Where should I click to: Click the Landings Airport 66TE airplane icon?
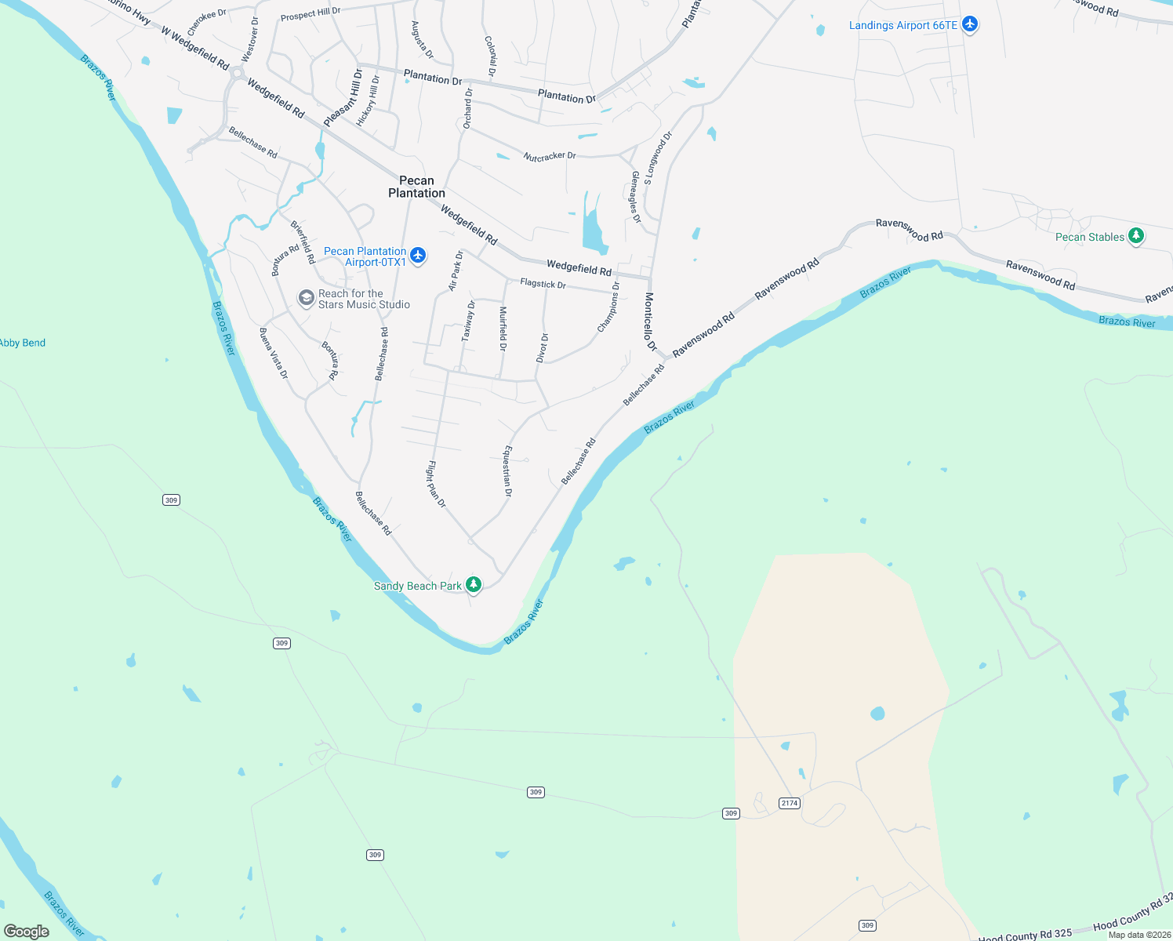pos(970,25)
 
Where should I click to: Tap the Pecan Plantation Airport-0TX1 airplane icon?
pos(418,256)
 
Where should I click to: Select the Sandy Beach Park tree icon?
pos(473,585)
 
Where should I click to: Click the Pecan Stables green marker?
pos(1135,236)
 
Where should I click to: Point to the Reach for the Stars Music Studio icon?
pos(307,298)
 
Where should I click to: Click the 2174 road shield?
pos(789,803)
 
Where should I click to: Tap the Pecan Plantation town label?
pos(416,187)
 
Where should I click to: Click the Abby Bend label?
pos(23,343)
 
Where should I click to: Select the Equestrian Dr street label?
pos(508,471)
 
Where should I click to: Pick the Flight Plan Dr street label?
pos(436,484)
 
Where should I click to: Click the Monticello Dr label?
pos(650,322)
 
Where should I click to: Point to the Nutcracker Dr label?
pos(550,156)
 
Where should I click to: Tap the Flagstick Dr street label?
pos(543,283)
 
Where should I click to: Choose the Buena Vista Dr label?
pos(274,354)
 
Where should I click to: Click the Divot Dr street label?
pos(543,347)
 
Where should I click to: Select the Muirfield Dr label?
pos(503,329)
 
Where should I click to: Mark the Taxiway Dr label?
pos(468,321)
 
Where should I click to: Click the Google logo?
pos(27,931)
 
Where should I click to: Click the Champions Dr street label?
pos(608,307)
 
